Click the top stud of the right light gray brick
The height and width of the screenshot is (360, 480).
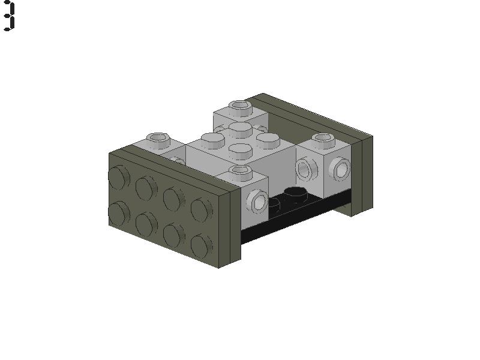(x=322, y=140)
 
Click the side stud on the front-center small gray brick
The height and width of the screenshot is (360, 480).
(x=259, y=201)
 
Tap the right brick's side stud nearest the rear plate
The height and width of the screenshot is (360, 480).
(x=341, y=169)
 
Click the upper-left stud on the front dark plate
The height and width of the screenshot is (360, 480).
(x=118, y=177)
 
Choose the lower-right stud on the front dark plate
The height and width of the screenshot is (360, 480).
(x=202, y=245)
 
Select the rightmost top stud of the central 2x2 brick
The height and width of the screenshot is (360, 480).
(x=267, y=140)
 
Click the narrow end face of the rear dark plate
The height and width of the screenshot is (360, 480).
(x=362, y=174)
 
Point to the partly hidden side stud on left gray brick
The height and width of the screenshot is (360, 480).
(x=177, y=160)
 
